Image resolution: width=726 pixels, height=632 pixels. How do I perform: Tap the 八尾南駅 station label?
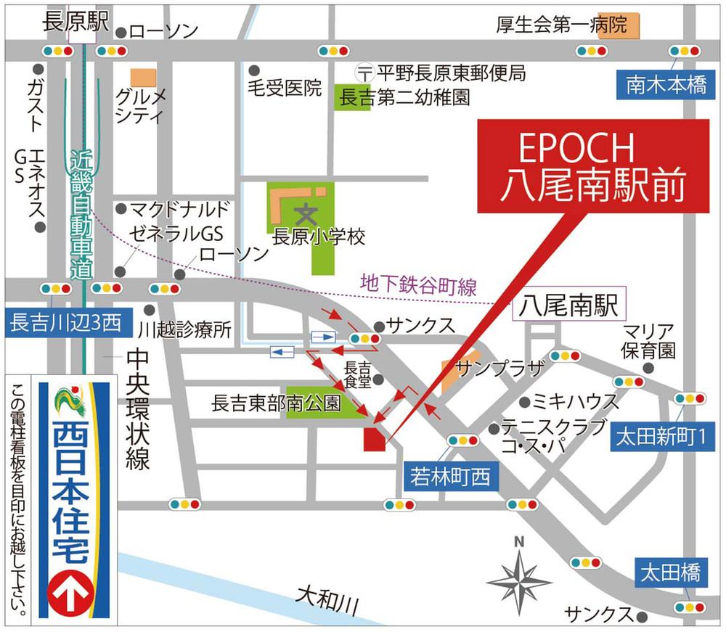[x=568, y=307]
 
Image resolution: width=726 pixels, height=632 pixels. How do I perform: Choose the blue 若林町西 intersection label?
[x=450, y=476]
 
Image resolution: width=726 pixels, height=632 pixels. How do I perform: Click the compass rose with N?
[x=519, y=578]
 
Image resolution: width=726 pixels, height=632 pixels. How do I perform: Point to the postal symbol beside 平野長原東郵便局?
[x=365, y=73]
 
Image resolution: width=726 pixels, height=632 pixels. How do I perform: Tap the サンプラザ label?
[x=499, y=366]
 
